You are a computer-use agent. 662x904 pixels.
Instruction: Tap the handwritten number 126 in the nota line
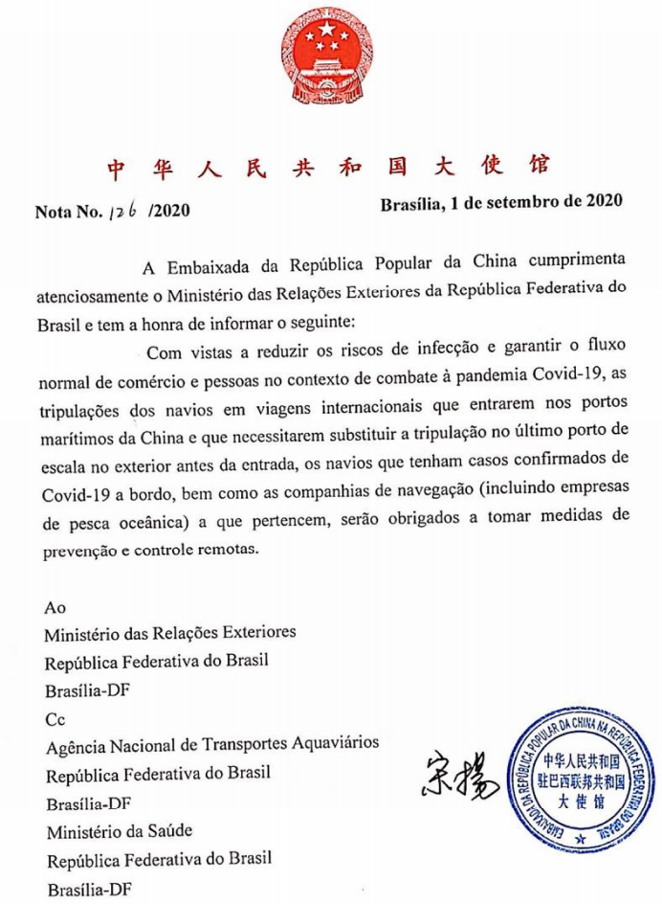[x=124, y=210]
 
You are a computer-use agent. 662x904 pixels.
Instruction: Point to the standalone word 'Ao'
[x=55, y=607]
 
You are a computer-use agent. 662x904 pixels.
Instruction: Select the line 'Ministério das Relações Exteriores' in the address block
[x=170, y=634]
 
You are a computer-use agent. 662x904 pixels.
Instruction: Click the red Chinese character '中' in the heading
[x=115, y=169]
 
